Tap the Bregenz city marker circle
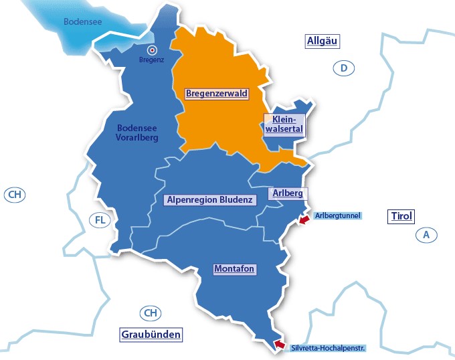coord(152,50)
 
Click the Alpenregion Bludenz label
coord(209,199)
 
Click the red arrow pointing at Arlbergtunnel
coord(304,219)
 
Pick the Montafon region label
coord(235,269)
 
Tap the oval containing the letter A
coord(426,235)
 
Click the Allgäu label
coord(323,41)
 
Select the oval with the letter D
coord(343,68)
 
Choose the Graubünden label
coord(151,335)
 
